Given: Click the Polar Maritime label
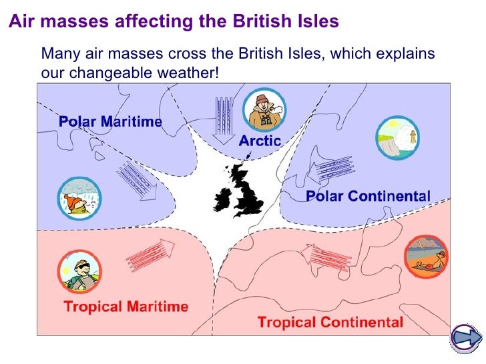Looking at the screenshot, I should click(110, 121).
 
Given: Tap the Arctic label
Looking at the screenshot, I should click(260, 141).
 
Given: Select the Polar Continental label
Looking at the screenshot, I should click(368, 196).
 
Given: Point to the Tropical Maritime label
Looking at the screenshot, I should click(126, 307).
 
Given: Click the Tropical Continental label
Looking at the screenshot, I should click(330, 323).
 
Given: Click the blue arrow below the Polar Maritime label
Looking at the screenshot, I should click(137, 179).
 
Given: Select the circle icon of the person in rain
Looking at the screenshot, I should click(78, 198).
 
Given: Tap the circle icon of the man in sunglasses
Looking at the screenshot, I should click(79, 271).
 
